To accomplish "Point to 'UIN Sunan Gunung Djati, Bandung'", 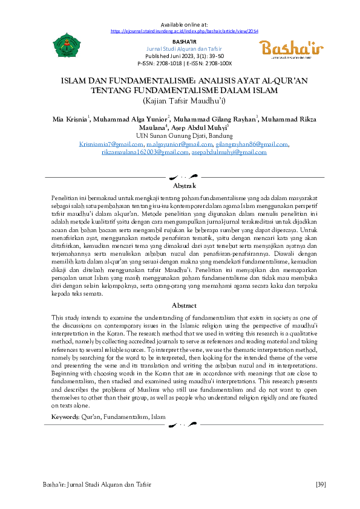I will tap(180, 136).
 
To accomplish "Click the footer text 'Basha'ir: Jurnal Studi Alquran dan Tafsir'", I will tap(96, 484).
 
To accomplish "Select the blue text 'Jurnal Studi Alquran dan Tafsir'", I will tap(180, 48).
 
